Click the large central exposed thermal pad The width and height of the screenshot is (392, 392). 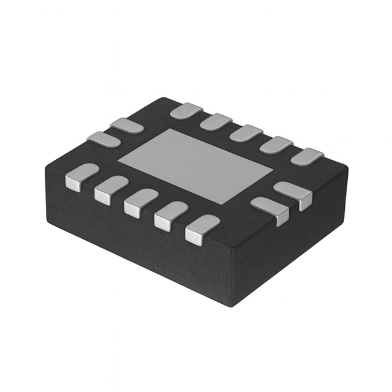pos(195,165)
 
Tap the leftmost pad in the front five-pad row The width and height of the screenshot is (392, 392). pos(81,176)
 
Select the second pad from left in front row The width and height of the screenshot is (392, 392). pos(111,189)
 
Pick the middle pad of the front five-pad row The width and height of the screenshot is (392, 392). pos(141,202)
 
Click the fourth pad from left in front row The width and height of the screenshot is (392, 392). pos(171,216)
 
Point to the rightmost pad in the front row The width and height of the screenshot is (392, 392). pos(202,229)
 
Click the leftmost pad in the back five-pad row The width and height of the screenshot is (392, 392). pos(186,111)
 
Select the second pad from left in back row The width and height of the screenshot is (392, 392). pos(216,122)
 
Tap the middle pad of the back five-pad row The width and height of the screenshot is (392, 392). pos(246,133)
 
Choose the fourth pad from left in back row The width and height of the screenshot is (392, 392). pos(276,145)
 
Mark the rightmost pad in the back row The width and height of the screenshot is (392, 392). pos(306,156)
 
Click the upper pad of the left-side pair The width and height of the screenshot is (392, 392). pos(126,126)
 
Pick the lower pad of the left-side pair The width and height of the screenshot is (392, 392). pos(104,140)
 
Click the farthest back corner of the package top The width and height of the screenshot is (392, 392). pos(160,99)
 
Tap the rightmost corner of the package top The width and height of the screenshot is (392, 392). pos(347,168)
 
